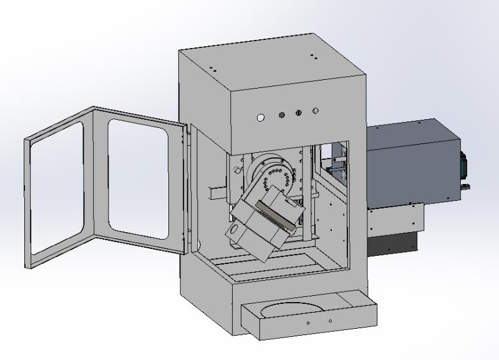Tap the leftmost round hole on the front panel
260,117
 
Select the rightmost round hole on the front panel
316,111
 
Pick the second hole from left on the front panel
281,115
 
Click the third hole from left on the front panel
299,113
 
